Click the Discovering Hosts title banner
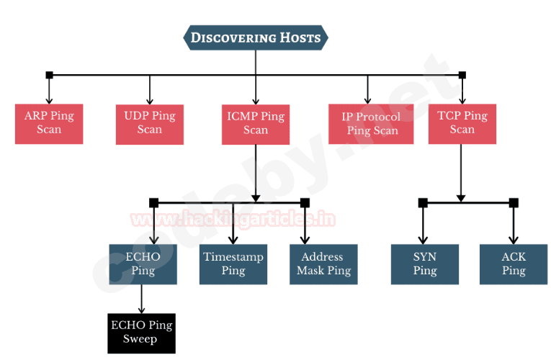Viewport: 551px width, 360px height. point(256,37)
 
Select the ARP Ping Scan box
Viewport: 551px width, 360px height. point(49,123)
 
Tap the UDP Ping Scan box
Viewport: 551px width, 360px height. point(150,123)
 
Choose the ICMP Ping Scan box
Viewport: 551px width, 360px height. point(256,123)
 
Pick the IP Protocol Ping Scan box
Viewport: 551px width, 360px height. point(372,123)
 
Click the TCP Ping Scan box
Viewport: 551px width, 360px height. point(462,123)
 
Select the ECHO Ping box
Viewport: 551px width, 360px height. point(143,264)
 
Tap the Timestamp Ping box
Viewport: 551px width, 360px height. point(233,264)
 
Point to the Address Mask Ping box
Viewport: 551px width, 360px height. point(323,264)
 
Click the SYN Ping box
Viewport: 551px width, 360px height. point(425,264)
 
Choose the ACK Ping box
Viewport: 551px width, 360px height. point(514,264)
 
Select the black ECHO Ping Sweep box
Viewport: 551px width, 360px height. point(141,332)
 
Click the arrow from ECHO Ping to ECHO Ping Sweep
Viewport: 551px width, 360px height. point(141,298)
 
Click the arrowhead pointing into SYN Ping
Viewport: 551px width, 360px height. point(423,240)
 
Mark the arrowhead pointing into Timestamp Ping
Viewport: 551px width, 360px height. point(233,240)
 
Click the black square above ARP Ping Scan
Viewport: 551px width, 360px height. point(49,75)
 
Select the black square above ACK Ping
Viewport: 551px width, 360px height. point(514,203)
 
